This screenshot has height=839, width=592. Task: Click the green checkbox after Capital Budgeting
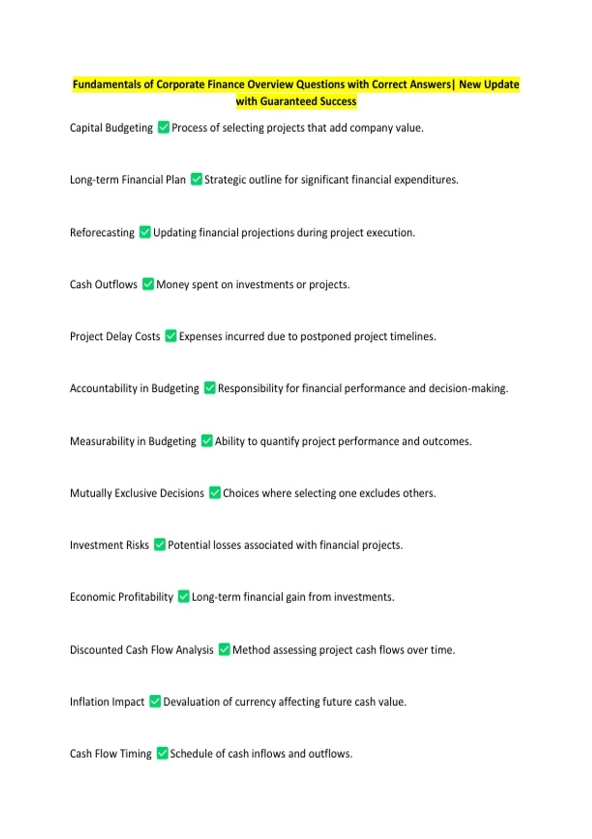[163, 127]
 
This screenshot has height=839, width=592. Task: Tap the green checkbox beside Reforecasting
[145, 232]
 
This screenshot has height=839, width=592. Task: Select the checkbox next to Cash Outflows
[148, 284]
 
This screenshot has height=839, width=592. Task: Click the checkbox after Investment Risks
[159, 544]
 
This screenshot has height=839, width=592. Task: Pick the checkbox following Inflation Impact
[155, 701]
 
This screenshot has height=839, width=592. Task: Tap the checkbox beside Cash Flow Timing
[162, 753]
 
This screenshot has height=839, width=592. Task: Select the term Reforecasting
[102, 232]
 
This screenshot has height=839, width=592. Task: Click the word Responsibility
[250, 388]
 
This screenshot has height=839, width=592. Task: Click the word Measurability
[102, 441]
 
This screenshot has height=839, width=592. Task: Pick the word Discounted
[96, 650]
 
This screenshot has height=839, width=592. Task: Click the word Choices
[240, 493]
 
